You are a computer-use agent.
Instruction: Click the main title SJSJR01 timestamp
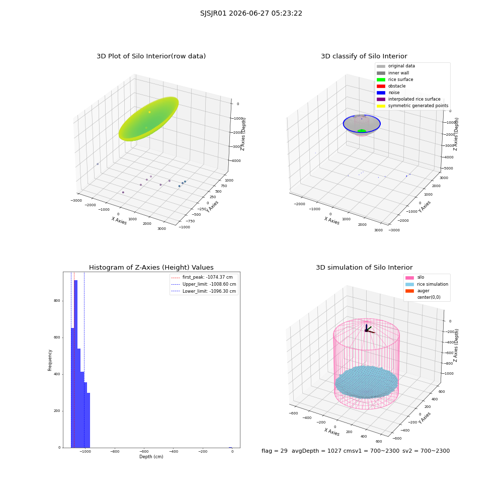(251, 14)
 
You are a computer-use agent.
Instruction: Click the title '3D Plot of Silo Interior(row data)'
(151, 56)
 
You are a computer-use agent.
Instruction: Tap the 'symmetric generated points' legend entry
(412, 106)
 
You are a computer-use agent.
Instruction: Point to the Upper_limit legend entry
(204, 284)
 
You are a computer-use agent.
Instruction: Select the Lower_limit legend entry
(204, 291)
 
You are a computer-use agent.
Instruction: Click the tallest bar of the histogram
(76, 364)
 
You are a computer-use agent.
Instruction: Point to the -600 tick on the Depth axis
(144, 451)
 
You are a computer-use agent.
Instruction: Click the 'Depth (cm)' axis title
(151, 457)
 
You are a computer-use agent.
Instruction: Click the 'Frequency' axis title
(50, 360)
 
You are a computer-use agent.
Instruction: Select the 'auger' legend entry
(417, 291)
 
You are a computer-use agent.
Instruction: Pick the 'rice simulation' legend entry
(427, 284)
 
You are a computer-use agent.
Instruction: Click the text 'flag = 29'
(275, 451)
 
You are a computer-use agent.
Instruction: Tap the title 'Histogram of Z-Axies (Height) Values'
(151, 268)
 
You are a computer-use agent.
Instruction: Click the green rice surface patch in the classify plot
(362, 131)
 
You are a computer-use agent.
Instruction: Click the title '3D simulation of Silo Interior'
(364, 268)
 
